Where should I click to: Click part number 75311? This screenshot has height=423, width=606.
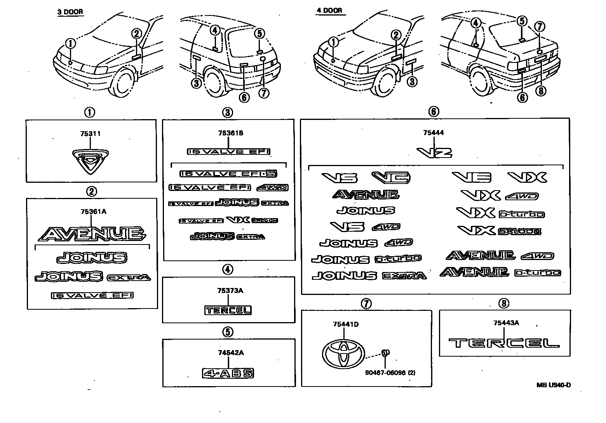pyautogui.click(x=90, y=134)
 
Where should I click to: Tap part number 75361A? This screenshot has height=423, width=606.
pyautogui.click(x=93, y=211)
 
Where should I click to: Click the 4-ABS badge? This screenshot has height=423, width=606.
pyautogui.click(x=228, y=374)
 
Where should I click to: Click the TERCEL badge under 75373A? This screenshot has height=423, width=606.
pyautogui.click(x=228, y=310)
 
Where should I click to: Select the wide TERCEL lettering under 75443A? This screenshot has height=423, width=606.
pyautogui.click(x=504, y=343)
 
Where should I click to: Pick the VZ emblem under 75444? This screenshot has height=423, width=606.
pyautogui.click(x=434, y=152)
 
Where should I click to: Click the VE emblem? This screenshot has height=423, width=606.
pyautogui.click(x=471, y=177)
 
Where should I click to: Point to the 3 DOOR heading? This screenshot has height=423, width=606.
pyautogui.click(x=70, y=12)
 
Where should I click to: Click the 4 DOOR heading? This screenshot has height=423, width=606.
pyautogui.click(x=329, y=10)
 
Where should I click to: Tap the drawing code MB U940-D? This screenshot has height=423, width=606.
pyautogui.click(x=554, y=385)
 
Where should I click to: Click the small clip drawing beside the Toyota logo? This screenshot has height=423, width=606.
pyautogui.click(x=385, y=353)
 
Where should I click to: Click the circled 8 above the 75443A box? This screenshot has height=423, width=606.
pyautogui.click(x=504, y=303)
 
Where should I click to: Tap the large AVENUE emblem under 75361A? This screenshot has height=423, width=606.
pyautogui.click(x=92, y=234)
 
